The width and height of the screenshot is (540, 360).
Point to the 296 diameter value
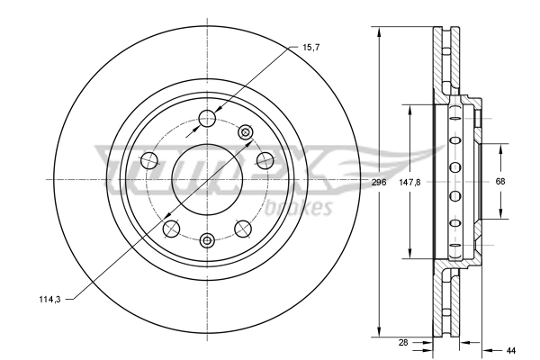379,182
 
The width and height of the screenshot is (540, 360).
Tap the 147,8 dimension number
410,182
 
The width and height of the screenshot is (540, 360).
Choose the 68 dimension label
500,182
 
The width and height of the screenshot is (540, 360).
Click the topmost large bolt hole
207,116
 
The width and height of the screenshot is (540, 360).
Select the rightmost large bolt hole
265,160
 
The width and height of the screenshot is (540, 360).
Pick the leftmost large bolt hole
149,160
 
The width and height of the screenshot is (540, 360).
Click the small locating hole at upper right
244,131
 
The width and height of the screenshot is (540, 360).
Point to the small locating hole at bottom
207,239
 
